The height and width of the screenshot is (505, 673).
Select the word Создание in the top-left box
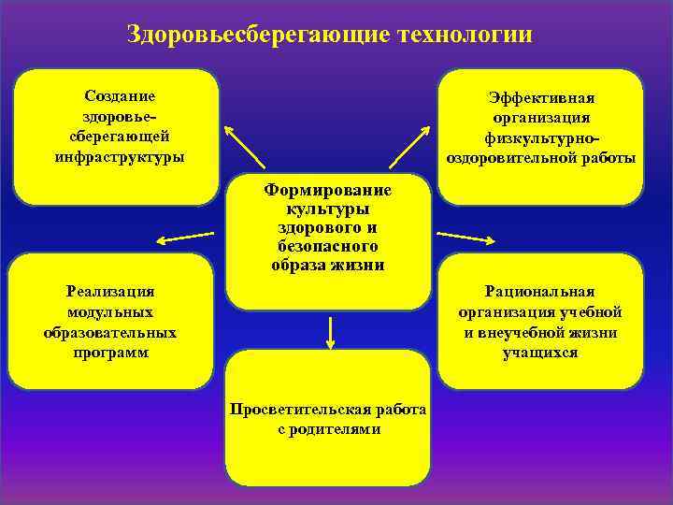[120, 96]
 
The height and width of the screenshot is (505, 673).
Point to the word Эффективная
[541, 98]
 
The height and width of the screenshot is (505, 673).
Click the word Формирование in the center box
[328, 190]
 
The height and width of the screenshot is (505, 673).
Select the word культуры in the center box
[328, 209]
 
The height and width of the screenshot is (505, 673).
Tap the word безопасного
[328, 246]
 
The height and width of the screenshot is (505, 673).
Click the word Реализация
[110, 293]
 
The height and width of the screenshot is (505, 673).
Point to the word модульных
[110, 312]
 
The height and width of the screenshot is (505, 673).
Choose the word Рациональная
[539, 293]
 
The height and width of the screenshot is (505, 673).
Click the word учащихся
[539, 353]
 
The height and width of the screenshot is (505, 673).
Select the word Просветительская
[291, 410]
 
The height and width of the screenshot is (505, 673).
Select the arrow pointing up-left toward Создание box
[246, 148]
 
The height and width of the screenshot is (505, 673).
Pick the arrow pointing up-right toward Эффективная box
[409, 148]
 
